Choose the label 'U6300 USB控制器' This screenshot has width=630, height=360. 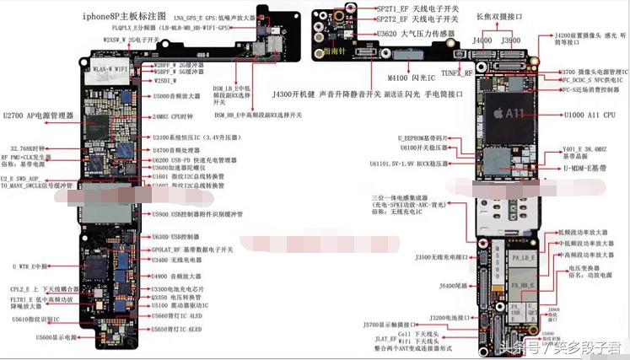175,237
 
